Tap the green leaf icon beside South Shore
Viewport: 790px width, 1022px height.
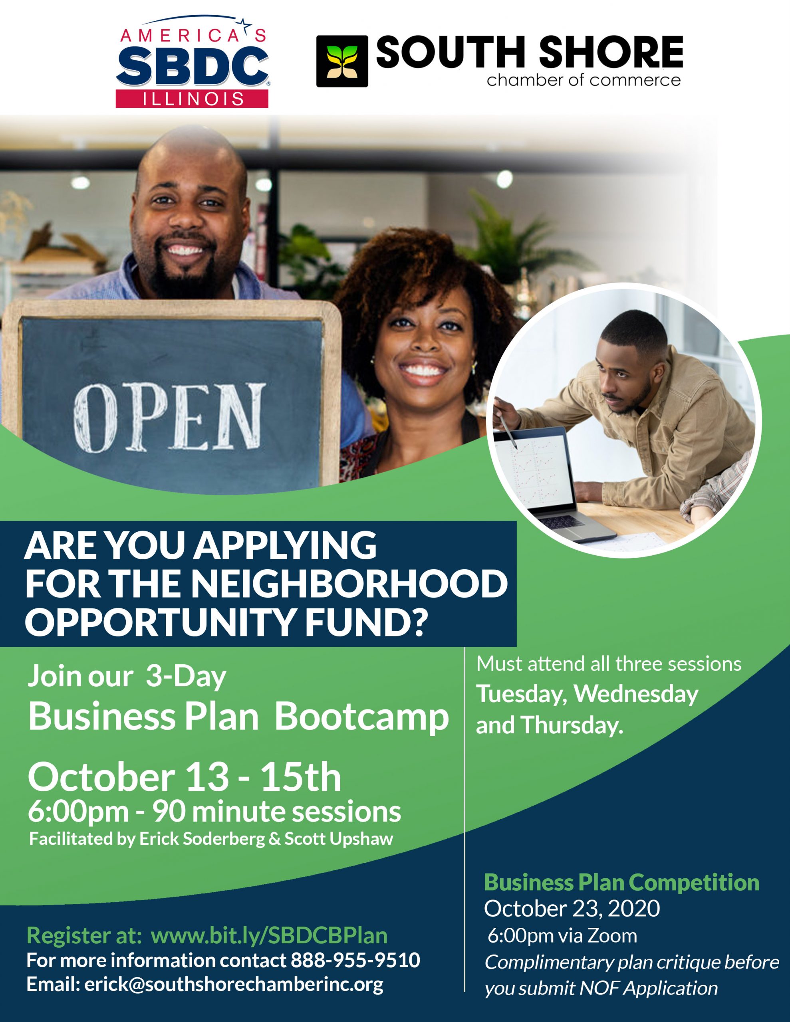coord(342,61)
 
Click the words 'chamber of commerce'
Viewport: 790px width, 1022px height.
coord(584,80)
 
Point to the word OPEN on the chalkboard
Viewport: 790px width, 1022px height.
coord(169,418)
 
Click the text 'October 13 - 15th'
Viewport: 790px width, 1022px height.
coord(185,777)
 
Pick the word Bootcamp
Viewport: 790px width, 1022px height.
coord(361,717)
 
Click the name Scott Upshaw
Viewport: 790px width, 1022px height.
coord(339,839)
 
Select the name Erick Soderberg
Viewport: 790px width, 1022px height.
coord(202,839)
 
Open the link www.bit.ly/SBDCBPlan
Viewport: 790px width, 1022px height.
coord(269,935)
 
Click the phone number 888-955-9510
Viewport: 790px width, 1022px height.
coord(355,960)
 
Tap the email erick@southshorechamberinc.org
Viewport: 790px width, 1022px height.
coord(234,984)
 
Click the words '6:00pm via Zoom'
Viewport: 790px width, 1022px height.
coord(562,936)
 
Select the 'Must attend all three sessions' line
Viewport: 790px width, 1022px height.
coord(609,664)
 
